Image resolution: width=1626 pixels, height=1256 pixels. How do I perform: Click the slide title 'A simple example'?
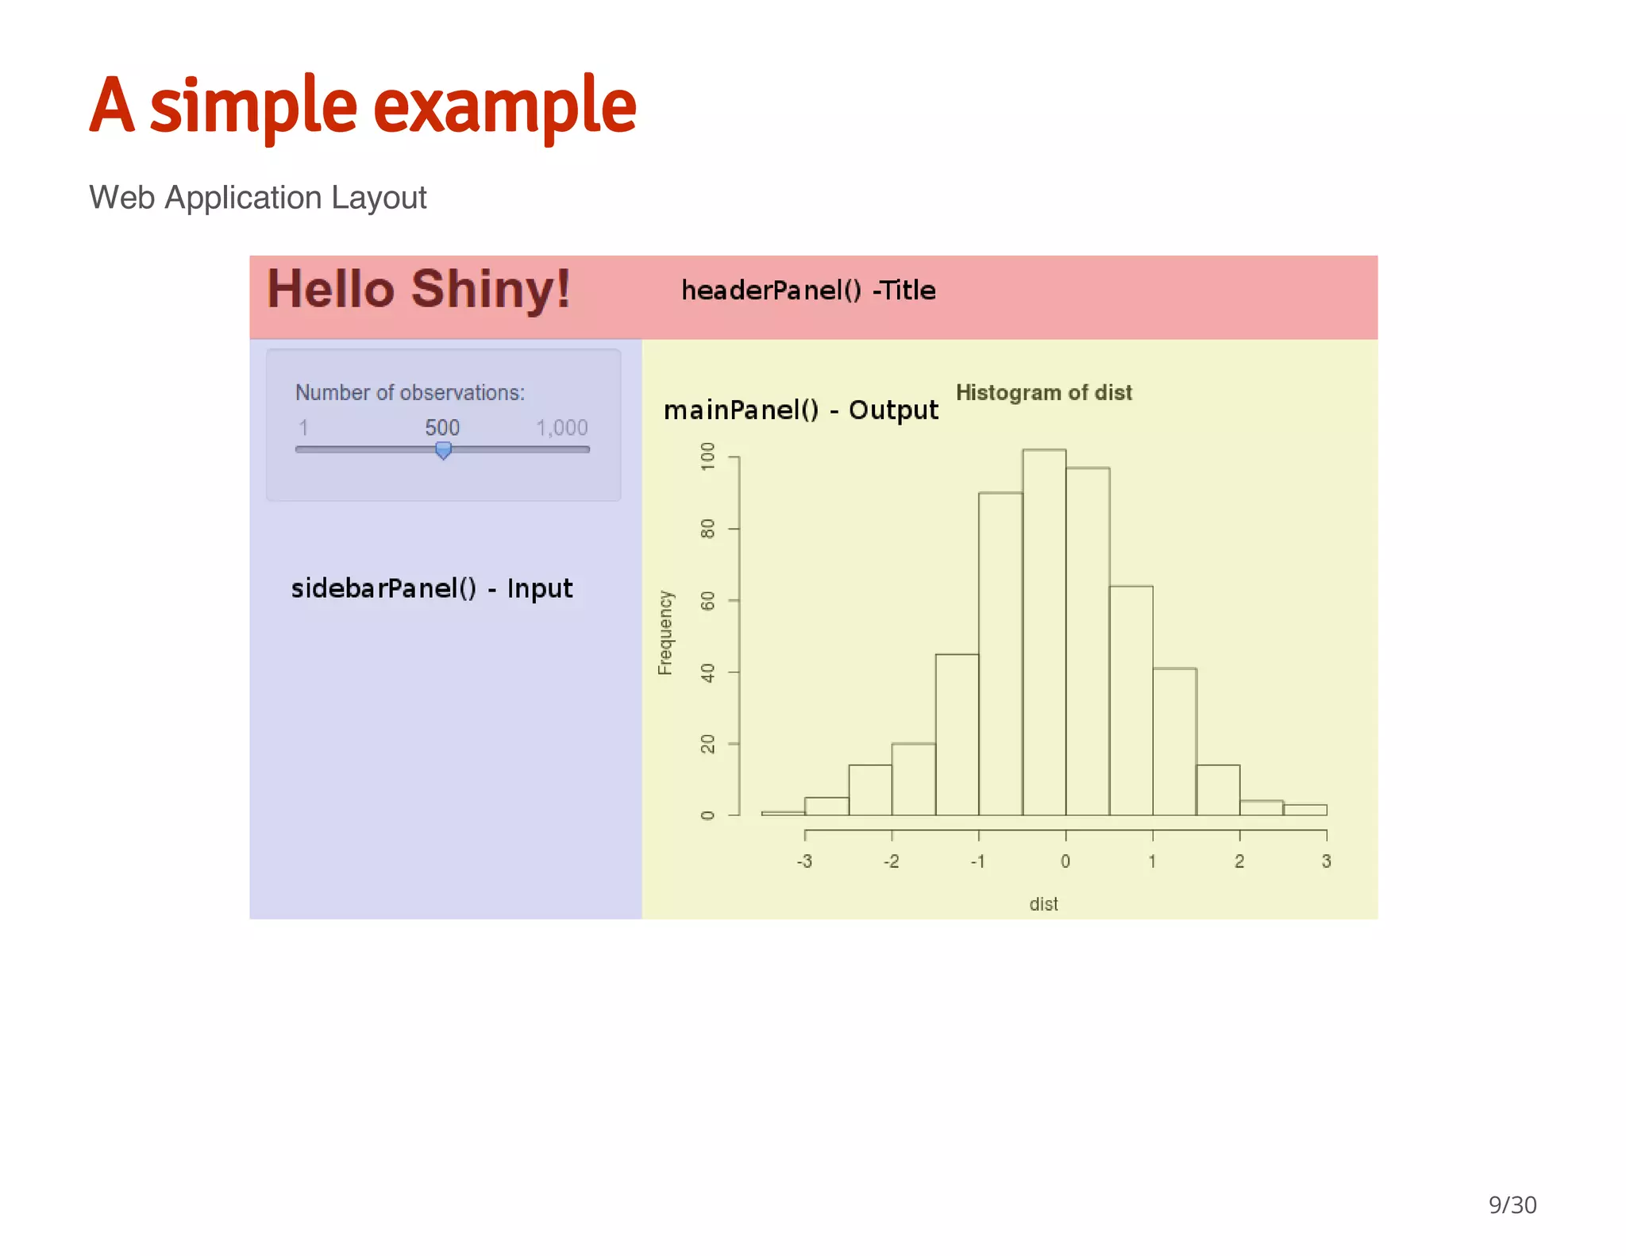(363, 106)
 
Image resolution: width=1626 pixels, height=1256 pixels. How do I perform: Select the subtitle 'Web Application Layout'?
(258, 198)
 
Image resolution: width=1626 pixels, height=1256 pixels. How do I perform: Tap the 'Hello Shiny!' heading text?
(418, 289)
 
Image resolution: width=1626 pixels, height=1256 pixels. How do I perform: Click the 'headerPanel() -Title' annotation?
(808, 291)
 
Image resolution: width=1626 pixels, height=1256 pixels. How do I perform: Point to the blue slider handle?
(444, 451)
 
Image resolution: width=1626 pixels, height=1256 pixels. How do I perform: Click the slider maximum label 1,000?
(561, 428)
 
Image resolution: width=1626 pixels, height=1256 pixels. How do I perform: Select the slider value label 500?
(442, 428)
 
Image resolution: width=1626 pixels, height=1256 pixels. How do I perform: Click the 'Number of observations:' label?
(410, 392)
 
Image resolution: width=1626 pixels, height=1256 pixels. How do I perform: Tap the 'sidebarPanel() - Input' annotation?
(432, 588)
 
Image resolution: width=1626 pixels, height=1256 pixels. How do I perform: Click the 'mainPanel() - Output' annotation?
(800, 410)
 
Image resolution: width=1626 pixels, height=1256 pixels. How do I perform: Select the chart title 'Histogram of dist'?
(1043, 392)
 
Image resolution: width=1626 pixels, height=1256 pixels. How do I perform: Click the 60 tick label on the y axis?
(707, 601)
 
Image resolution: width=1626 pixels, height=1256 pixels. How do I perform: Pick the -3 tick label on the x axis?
(804, 861)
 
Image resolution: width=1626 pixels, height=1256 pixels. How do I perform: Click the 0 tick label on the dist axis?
(1065, 861)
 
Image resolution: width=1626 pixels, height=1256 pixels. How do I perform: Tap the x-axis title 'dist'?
(1043, 904)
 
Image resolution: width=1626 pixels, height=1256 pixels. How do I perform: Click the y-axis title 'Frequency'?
(665, 633)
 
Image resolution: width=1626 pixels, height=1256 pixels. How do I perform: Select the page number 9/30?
(1512, 1205)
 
